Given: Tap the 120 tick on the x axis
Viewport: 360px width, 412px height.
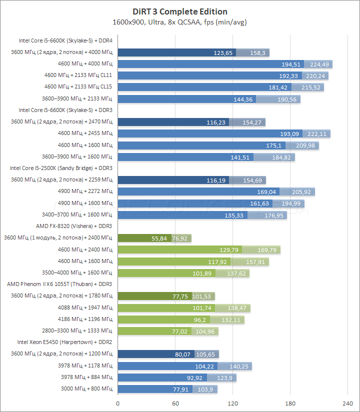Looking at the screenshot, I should (x=232, y=403).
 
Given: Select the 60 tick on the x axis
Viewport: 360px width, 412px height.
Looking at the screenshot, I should (x=175, y=403).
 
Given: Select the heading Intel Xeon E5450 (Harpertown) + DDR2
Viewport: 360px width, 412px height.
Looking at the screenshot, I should (x=64, y=342).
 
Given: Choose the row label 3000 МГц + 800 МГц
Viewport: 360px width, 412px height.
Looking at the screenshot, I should (x=87, y=388).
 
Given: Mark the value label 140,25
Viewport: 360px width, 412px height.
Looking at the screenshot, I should (x=239, y=365).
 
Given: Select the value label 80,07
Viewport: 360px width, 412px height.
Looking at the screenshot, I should (x=182, y=354).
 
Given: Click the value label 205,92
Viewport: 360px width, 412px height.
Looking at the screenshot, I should (x=302, y=191).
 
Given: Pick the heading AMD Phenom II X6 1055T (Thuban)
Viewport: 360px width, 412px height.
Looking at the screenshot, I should (x=59, y=284).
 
